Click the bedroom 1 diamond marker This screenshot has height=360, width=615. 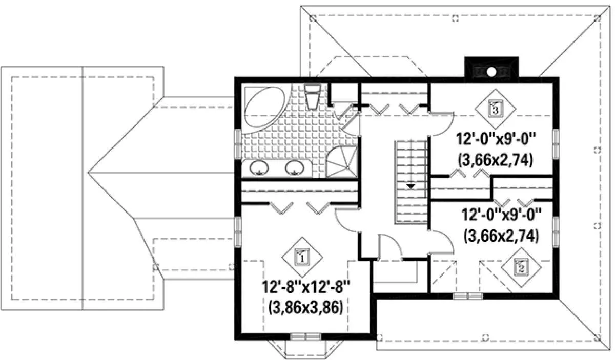[x=302, y=257]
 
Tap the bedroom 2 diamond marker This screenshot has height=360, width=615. [x=521, y=267]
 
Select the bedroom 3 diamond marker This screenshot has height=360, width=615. [x=495, y=109]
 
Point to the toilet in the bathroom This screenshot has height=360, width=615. [x=313, y=97]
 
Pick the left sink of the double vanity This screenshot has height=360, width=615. [x=259, y=168]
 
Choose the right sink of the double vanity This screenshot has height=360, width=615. [x=295, y=168]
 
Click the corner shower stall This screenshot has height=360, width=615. [x=342, y=162]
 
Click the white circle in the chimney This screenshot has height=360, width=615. [x=491, y=72]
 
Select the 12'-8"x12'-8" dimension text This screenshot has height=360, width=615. [x=306, y=287]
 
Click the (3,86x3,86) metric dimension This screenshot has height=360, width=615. [x=306, y=308]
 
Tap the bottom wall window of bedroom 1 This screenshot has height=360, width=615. [x=305, y=336]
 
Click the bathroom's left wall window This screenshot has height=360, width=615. [x=238, y=144]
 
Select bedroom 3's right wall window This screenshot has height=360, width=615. [x=556, y=144]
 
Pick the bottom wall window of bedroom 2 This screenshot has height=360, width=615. [x=467, y=296]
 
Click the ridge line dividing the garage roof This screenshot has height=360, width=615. [x=83, y=188]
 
